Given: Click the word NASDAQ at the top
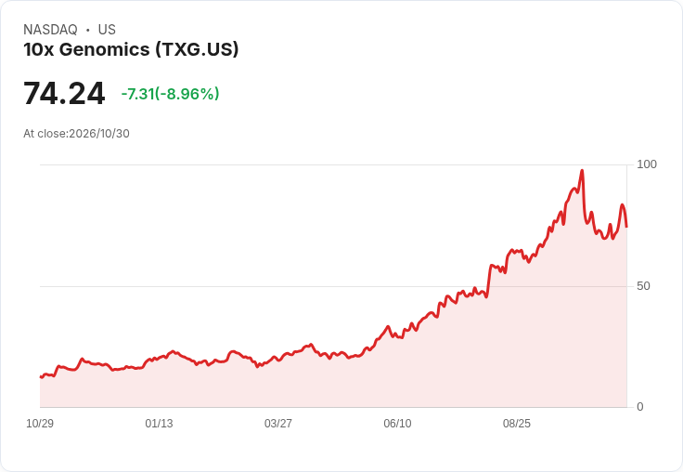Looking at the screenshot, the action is pyautogui.click(x=50, y=30).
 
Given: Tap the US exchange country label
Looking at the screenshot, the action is pyautogui.click(x=107, y=30).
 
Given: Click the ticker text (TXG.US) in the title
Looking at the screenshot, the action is pyautogui.click(x=198, y=49).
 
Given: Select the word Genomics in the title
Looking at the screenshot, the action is pyautogui.click(x=105, y=49).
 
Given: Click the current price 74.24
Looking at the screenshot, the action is pyautogui.click(x=64, y=93).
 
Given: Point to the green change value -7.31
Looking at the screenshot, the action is pyautogui.click(x=137, y=94).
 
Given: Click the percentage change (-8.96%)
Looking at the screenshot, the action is pyautogui.click(x=187, y=94).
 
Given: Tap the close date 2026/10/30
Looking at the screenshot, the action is pyautogui.click(x=99, y=134).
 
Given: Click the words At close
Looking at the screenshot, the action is pyautogui.click(x=45, y=134).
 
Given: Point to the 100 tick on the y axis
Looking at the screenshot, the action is pyautogui.click(x=647, y=164).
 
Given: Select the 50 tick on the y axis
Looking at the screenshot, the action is pyautogui.click(x=643, y=286).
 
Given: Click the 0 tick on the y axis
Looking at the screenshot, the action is pyautogui.click(x=640, y=407).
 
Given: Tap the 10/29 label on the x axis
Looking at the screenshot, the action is pyautogui.click(x=40, y=424).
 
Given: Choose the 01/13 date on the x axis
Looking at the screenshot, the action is pyautogui.click(x=159, y=424).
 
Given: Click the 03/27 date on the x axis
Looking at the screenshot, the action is pyautogui.click(x=278, y=424).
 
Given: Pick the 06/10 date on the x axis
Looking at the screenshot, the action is pyautogui.click(x=397, y=424).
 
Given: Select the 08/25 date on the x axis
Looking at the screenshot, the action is pyautogui.click(x=517, y=424).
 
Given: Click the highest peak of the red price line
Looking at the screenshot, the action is pyautogui.click(x=582, y=171).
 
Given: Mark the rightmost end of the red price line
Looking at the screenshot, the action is pyautogui.click(x=626, y=227).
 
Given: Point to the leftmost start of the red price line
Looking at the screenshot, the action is pyautogui.click(x=41, y=376).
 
